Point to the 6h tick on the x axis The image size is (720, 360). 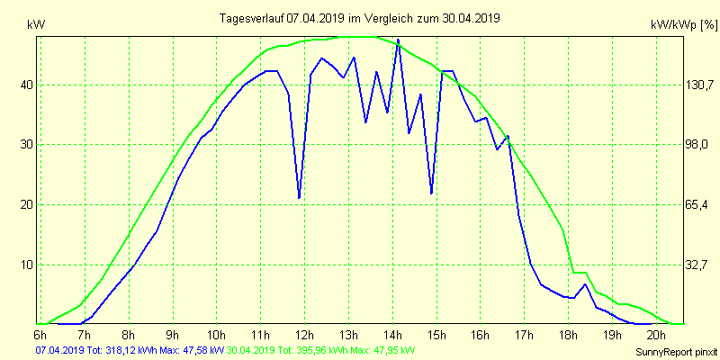41,334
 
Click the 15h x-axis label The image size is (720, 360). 436,334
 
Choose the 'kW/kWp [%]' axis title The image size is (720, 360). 683,25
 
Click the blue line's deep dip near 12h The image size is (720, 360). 299,197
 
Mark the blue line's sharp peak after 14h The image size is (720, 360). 398,40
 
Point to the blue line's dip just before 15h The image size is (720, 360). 432,193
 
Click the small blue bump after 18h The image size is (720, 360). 585,284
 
